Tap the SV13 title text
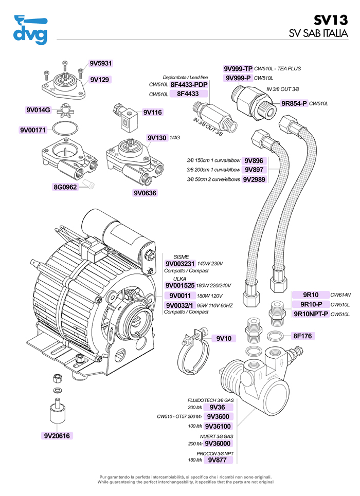point(331,20)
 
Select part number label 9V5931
point(100,64)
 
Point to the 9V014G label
point(38,109)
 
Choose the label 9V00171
point(33,130)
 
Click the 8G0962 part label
point(65,187)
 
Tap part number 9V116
point(153,112)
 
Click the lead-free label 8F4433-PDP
point(189,84)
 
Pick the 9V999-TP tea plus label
point(238,68)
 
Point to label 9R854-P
point(294,103)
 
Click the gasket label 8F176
point(303,336)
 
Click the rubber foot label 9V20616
point(57,436)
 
